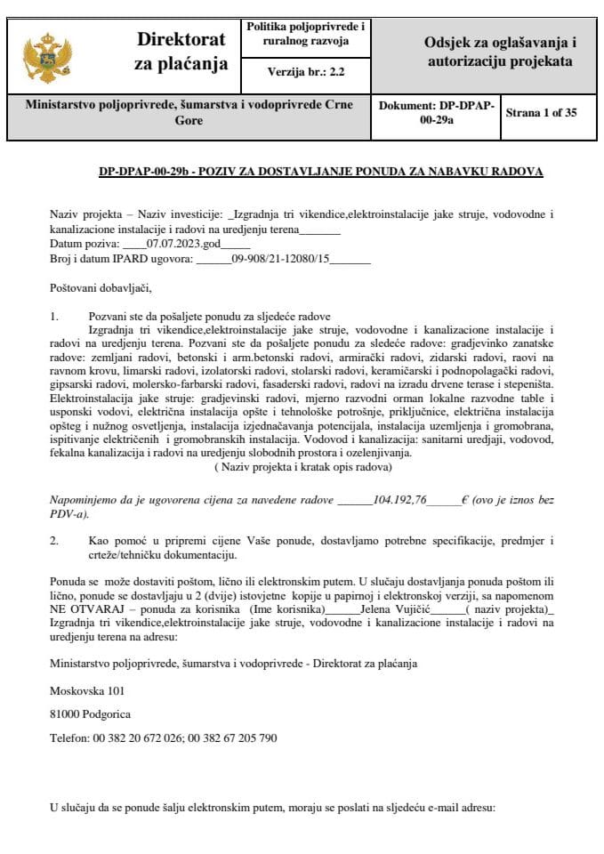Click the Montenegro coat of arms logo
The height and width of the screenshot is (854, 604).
tap(45, 56)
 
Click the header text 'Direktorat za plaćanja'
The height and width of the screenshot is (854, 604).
tap(181, 52)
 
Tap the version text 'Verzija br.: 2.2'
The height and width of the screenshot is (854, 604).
tap(304, 73)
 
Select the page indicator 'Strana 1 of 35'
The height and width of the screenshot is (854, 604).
tap(541, 113)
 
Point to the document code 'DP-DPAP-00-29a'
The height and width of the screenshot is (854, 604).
tap(437, 113)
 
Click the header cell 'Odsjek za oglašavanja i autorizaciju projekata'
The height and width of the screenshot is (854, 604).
tap(498, 52)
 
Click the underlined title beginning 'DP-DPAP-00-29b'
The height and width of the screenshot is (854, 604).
tap(320, 172)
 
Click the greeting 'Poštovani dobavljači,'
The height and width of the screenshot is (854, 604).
tap(101, 287)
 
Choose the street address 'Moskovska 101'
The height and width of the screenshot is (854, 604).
tap(87, 689)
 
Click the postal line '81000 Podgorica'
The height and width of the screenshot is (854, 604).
tap(91, 713)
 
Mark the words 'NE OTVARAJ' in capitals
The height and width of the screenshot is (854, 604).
tap(82, 610)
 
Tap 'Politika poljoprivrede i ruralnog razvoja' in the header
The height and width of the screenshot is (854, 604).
tap(304, 34)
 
